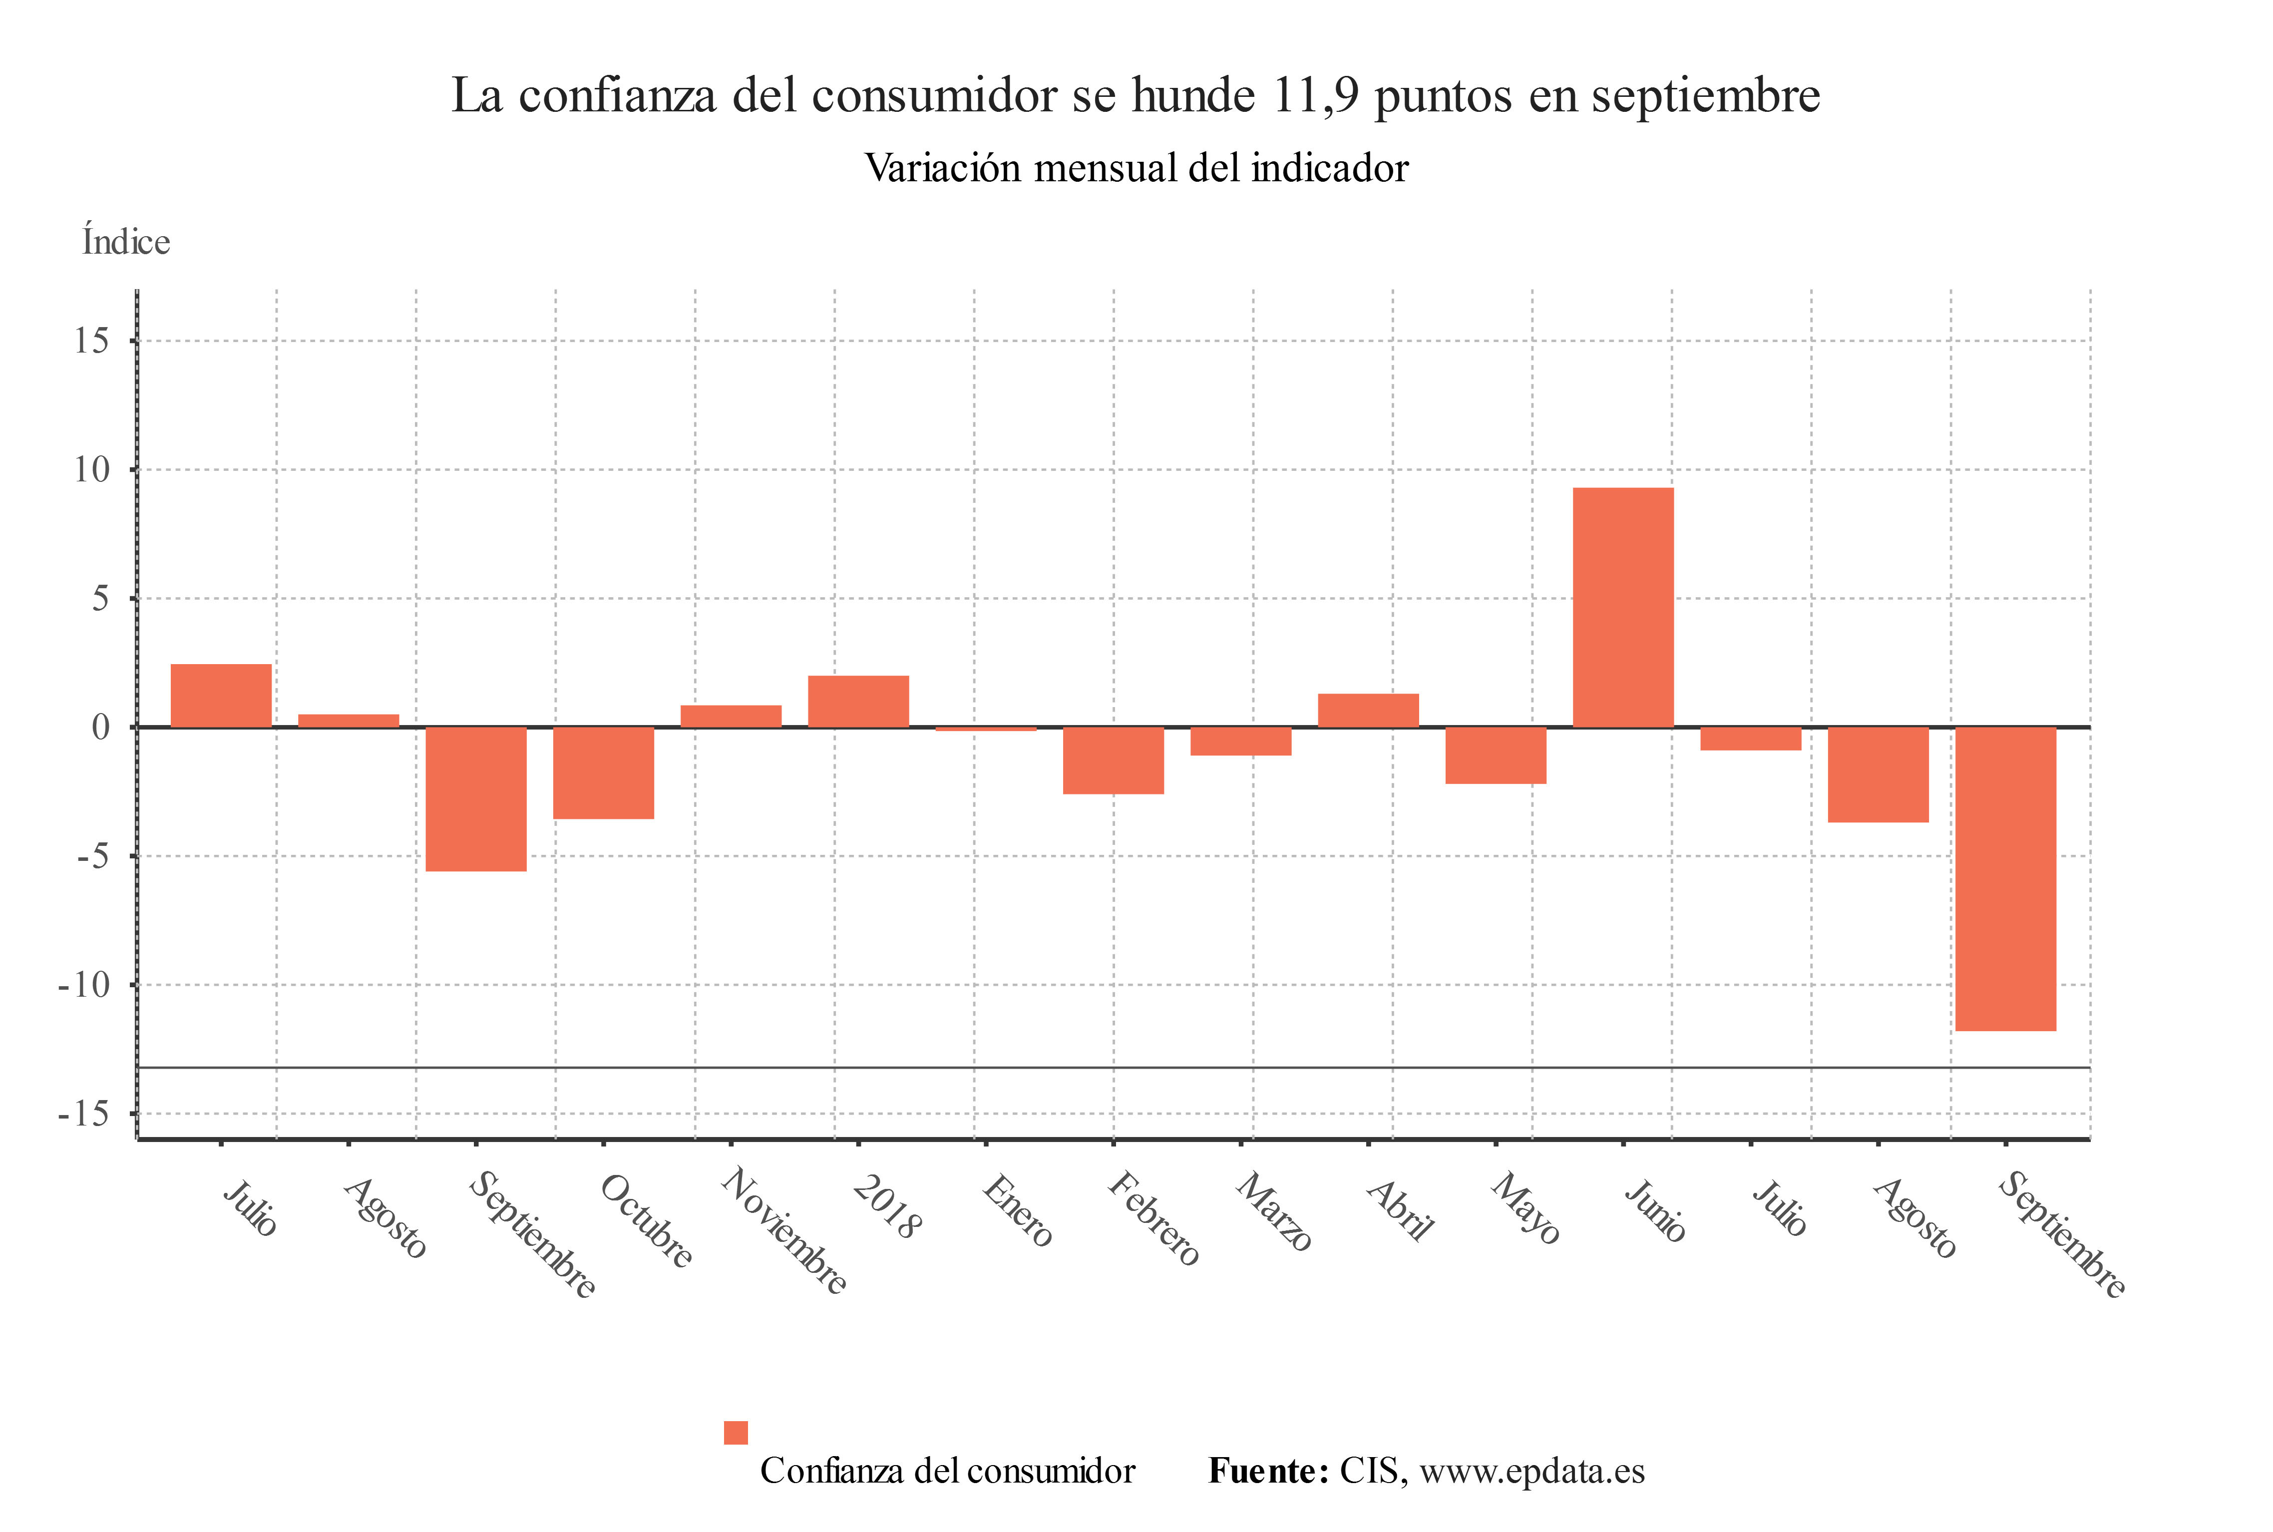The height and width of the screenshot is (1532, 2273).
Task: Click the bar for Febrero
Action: pos(1113,760)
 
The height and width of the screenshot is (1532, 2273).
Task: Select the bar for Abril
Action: pos(1368,710)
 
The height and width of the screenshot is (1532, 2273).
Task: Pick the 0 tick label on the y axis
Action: pos(100,727)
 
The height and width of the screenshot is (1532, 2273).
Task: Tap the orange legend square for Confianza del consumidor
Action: pos(736,1432)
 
